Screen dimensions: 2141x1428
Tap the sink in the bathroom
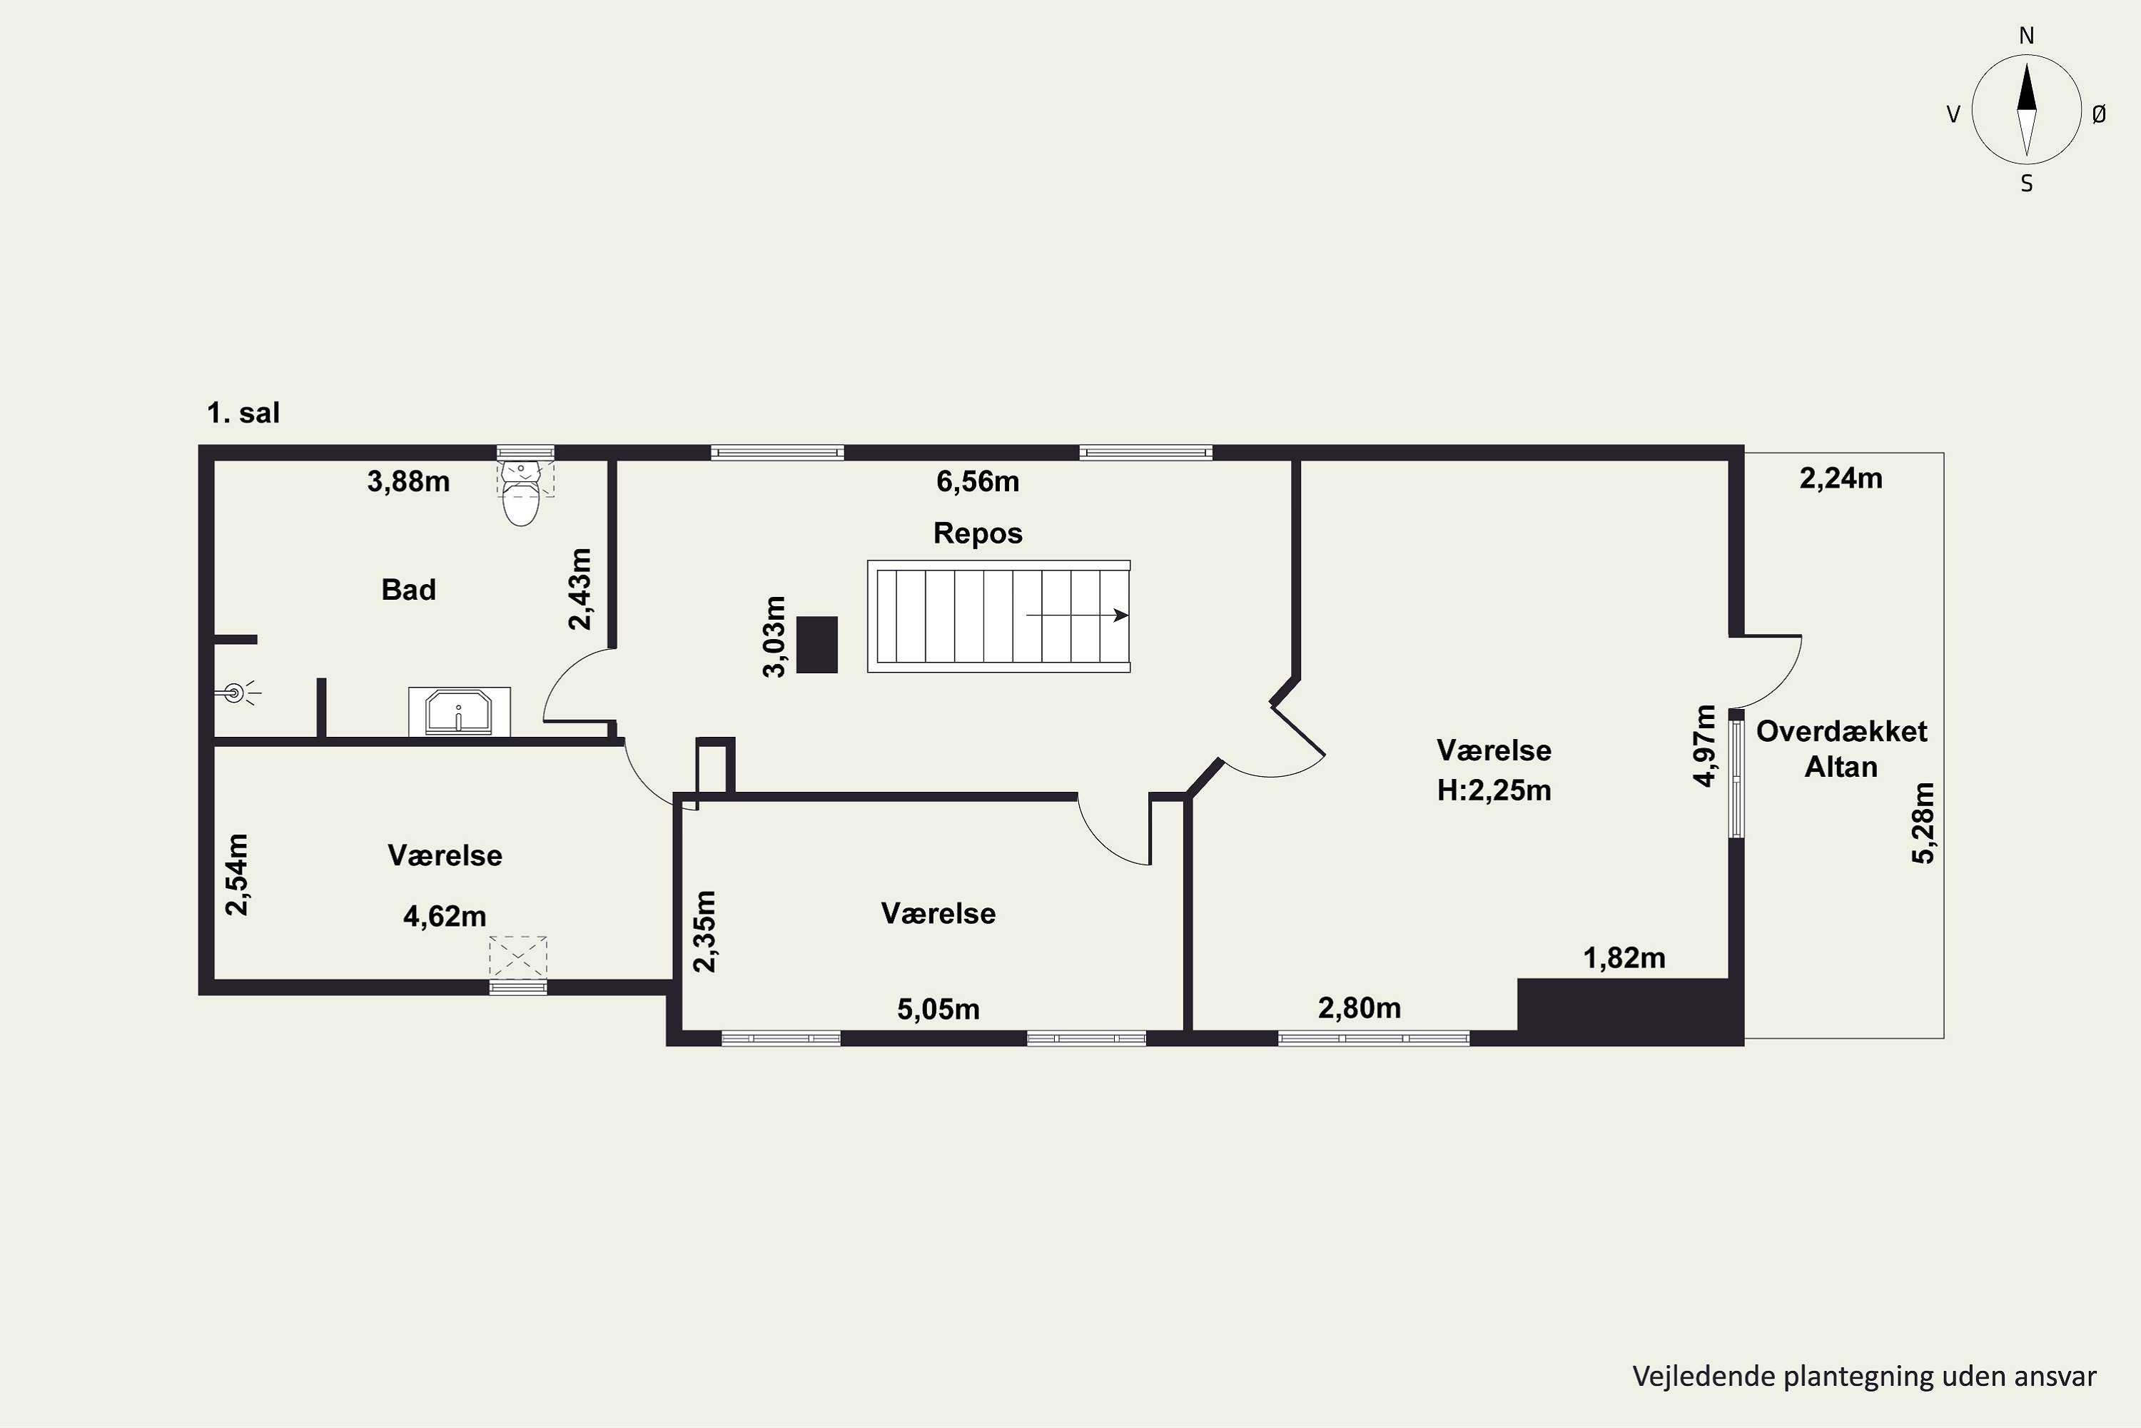click(x=459, y=711)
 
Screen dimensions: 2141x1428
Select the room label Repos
click(x=978, y=533)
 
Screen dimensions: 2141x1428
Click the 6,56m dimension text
click(x=978, y=481)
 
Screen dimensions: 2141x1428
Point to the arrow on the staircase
click(x=1077, y=615)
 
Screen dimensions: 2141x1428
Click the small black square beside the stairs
click(x=816, y=645)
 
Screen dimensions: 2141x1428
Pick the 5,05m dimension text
click(x=938, y=1009)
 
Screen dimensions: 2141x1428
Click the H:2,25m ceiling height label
click(x=1494, y=790)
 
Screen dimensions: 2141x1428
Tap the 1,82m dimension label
click(x=1624, y=958)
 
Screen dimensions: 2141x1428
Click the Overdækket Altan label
click(x=1841, y=748)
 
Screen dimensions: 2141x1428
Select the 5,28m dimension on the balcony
click(x=1923, y=823)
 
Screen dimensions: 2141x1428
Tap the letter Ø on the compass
click(x=2098, y=114)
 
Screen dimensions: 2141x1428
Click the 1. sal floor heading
click(x=243, y=413)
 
